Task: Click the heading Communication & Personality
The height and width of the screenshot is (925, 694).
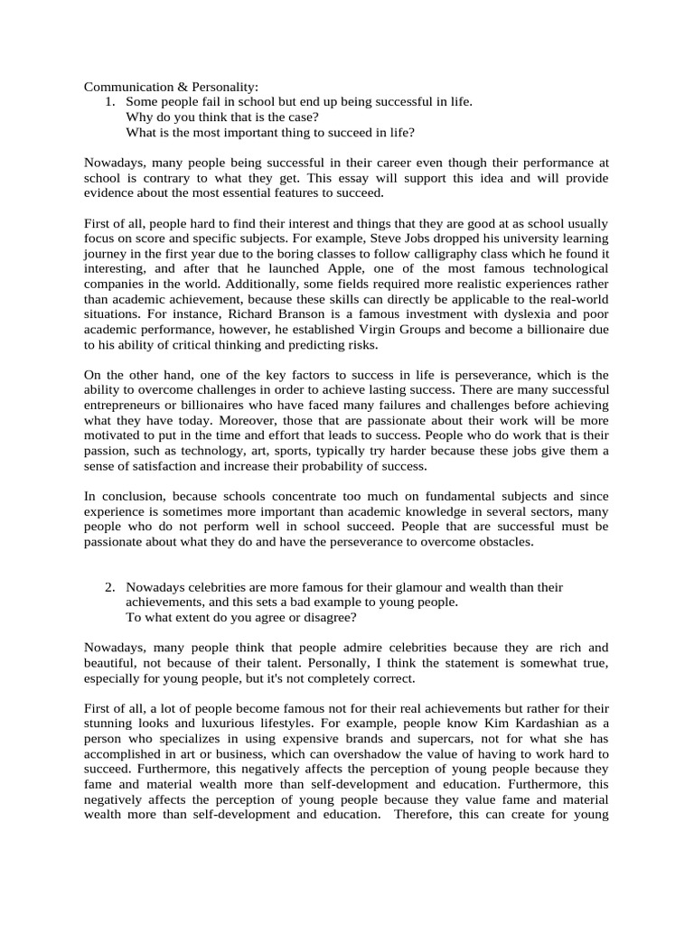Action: [x=171, y=87]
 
